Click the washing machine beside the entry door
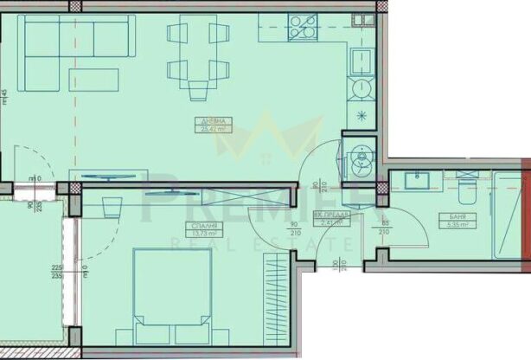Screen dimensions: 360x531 358,156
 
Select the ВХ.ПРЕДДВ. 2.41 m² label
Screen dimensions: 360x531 330,220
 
